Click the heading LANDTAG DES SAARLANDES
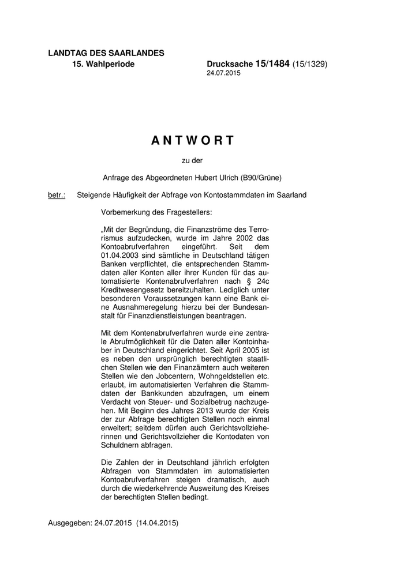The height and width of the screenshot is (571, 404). click(106, 53)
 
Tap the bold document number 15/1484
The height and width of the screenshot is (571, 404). click(271, 64)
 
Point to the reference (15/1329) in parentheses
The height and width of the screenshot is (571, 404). click(310, 65)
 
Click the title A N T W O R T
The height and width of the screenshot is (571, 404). click(193, 141)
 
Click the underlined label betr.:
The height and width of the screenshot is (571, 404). click(57, 195)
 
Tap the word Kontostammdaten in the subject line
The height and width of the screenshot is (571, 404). click(224, 195)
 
